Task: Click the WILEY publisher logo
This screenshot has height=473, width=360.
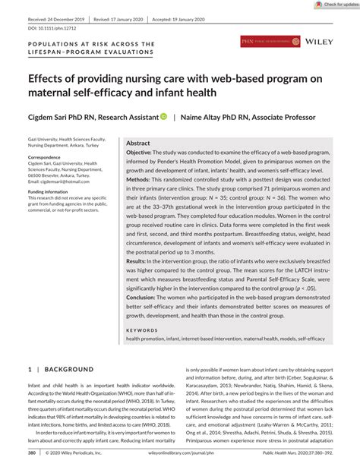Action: pyautogui.click(x=323, y=42)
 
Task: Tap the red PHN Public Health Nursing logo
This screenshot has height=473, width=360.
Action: pyautogui.click(x=271, y=42)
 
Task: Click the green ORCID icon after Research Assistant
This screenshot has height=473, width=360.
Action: pyautogui.click(x=163, y=117)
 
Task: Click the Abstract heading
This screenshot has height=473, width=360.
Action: pyautogui.click(x=138, y=143)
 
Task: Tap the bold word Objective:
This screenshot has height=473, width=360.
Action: pyautogui.click(x=144, y=153)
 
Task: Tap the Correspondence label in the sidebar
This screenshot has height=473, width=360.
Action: pyautogui.click(x=48, y=156)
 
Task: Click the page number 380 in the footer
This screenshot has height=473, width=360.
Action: pyautogui.click(x=32, y=453)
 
